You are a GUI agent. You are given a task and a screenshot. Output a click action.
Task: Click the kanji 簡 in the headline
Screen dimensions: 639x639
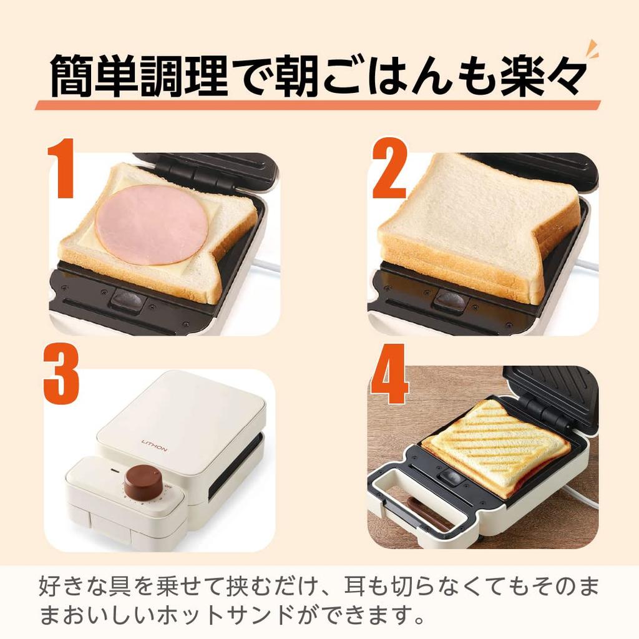[73, 76]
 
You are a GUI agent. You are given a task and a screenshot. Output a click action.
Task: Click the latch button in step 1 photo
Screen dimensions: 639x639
[128, 300]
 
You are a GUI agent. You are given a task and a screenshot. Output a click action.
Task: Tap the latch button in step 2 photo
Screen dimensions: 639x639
[451, 300]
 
